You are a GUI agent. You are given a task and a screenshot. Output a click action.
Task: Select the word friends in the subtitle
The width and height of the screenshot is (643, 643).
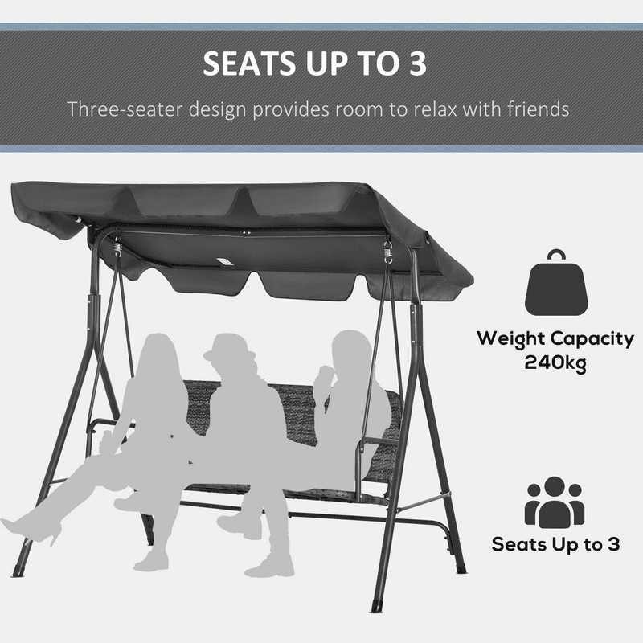click(x=538, y=109)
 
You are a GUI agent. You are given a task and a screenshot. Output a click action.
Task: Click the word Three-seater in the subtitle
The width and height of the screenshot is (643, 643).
click(x=125, y=109)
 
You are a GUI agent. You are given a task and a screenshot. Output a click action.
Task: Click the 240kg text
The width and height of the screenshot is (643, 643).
click(x=555, y=362)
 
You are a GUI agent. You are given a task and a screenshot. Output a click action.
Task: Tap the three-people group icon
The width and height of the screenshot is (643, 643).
click(x=555, y=502)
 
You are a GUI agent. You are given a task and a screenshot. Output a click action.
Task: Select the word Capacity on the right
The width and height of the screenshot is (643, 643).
click(x=592, y=339)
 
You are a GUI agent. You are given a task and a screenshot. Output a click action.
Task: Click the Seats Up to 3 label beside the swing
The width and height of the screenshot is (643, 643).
click(x=555, y=544)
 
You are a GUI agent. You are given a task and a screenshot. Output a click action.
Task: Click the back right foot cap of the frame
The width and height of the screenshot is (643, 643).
click(x=461, y=567)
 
